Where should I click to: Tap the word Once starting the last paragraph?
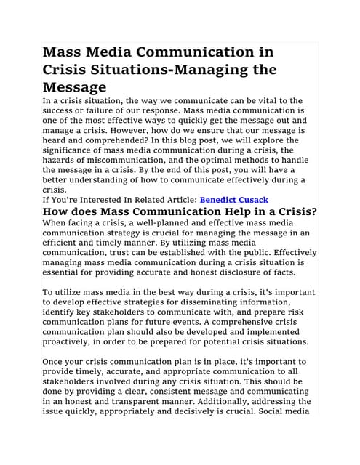[x=56, y=362]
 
